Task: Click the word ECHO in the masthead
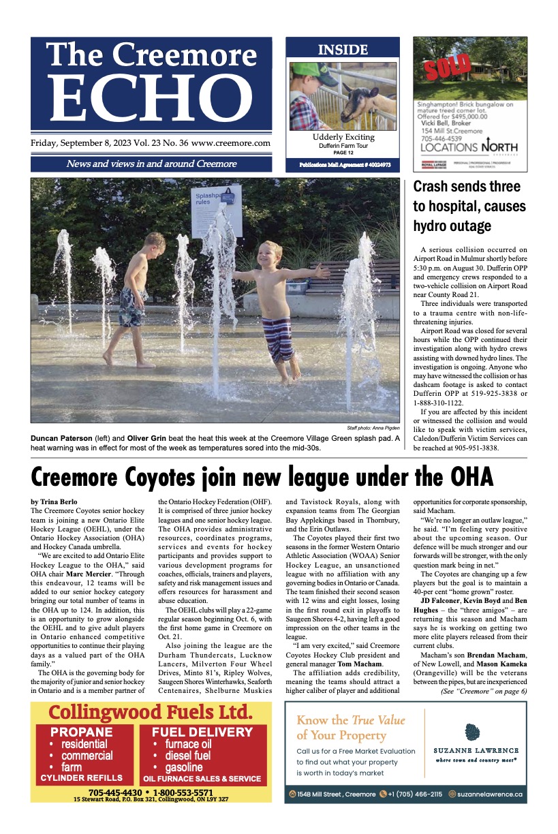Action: [x=151, y=97]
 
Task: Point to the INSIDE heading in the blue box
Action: [x=343, y=50]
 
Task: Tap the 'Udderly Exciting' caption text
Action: [x=342, y=137]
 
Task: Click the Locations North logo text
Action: [x=469, y=146]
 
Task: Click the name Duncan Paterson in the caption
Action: [x=61, y=437]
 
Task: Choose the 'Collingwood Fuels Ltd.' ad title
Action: [x=151, y=713]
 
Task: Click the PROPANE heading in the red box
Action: [x=81, y=732]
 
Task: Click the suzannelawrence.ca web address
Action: [x=490, y=794]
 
